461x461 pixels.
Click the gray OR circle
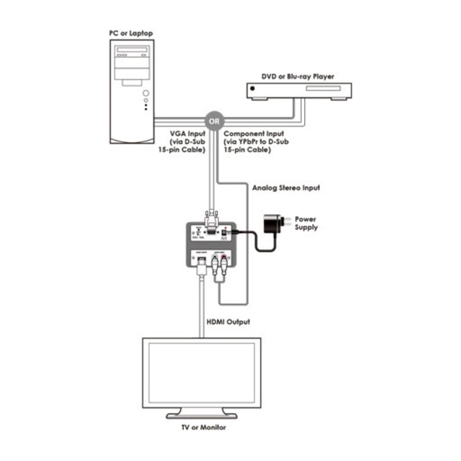215,122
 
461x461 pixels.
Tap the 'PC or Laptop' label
131,33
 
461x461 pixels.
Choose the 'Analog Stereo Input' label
286,188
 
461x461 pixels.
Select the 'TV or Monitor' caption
203,427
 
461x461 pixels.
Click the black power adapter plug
272,225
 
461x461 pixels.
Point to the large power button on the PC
146,91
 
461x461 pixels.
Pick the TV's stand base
201,414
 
